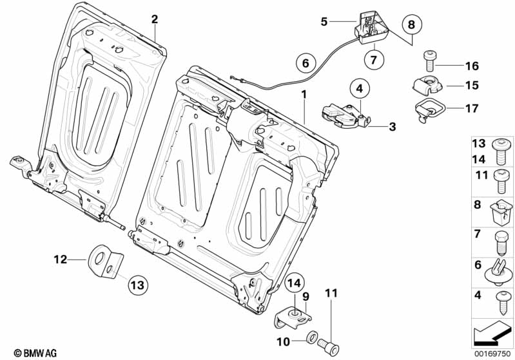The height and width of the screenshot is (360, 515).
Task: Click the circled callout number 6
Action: pyautogui.click(x=306, y=62)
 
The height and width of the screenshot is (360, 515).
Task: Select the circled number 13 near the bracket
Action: pyautogui.click(x=138, y=285)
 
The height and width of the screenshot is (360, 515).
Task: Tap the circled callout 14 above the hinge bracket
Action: pyautogui.click(x=295, y=283)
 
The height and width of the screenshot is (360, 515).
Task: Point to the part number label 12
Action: pyautogui.click(x=61, y=260)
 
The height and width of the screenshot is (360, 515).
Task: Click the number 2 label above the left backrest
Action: pyautogui.click(x=154, y=19)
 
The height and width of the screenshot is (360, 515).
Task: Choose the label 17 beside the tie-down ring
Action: pyautogui.click(x=472, y=108)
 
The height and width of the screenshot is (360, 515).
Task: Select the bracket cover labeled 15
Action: pyautogui.click(x=427, y=84)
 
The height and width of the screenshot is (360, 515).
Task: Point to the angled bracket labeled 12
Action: pyautogui.click(x=105, y=263)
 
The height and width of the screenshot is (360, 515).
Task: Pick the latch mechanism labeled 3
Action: pyautogui.click(x=345, y=117)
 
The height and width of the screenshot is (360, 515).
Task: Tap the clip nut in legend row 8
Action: pyautogui.click(x=501, y=213)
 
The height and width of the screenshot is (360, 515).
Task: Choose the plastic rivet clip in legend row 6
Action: pyautogui.click(x=498, y=271)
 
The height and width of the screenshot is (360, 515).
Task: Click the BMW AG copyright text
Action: pyautogui.click(x=35, y=353)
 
